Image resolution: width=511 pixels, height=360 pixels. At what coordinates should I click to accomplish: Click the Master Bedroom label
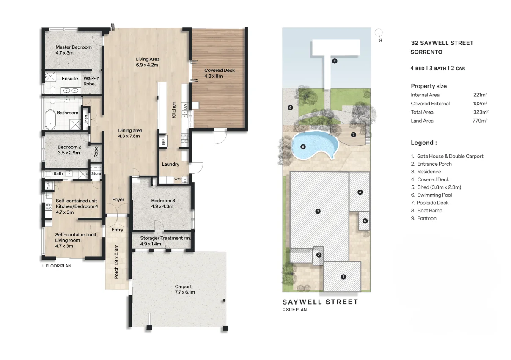click(x=73, y=47)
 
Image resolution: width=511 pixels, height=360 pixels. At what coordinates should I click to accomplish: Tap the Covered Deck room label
click(x=219, y=70)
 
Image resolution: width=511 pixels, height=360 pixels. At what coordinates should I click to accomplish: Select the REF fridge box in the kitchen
click(x=163, y=142)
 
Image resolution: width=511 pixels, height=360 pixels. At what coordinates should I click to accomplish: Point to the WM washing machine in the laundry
click(x=177, y=179)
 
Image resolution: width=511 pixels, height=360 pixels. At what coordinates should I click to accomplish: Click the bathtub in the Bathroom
click(x=50, y=120)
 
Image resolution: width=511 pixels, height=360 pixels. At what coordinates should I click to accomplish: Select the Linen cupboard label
click(x=86, y=120)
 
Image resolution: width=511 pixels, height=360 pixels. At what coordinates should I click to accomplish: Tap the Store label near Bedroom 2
click(x=96, y=173)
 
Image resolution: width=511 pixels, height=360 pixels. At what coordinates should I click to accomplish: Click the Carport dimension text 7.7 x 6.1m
click(x=184, y=292)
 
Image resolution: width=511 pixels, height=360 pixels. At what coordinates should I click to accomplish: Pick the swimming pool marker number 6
click(x=303, y=147)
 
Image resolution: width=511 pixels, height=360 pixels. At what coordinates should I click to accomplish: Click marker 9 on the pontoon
click(x=334, y=61)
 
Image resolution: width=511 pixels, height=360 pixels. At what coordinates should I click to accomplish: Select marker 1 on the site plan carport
click(x=343, y=277)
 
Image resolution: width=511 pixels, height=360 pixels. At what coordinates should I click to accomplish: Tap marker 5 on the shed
click(x=365, y=221)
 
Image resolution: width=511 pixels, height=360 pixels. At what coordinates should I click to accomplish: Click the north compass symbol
click(x=379, y=33)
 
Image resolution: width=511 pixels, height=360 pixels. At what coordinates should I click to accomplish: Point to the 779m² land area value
click(x=480, y=121)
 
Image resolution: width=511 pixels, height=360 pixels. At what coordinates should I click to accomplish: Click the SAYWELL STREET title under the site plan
click(x=320, y=302)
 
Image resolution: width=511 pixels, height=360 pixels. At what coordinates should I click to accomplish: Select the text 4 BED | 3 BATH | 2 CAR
click(x=437, y=68)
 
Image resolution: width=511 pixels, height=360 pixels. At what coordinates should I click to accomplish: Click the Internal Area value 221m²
click(x=480, y=95)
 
